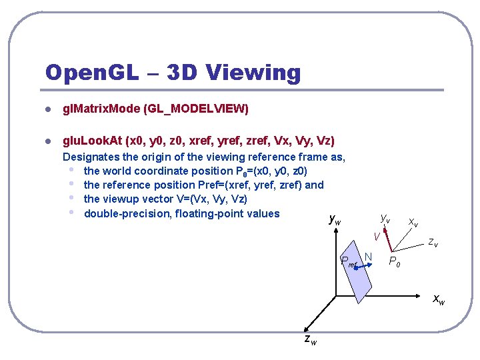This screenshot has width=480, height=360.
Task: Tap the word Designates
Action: pyautogui.click(x=91, y=157)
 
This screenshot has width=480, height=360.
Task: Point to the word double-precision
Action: pyautogui.click(x=124, y=213)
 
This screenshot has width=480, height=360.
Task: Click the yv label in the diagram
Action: pyautogui.click(x=385, y=218)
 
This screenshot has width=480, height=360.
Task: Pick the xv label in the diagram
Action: pyautogui.click(x=413, y=222)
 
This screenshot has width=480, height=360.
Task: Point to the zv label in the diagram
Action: pyautogui.click(x=433, y=243)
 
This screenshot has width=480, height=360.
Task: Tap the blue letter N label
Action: pyautogui.click(x=367, y=257)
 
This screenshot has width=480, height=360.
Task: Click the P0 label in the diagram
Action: pyautogui.click(x=395, y=261)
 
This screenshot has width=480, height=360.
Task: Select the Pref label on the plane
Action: pyautogui.click(x=349, y=261)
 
